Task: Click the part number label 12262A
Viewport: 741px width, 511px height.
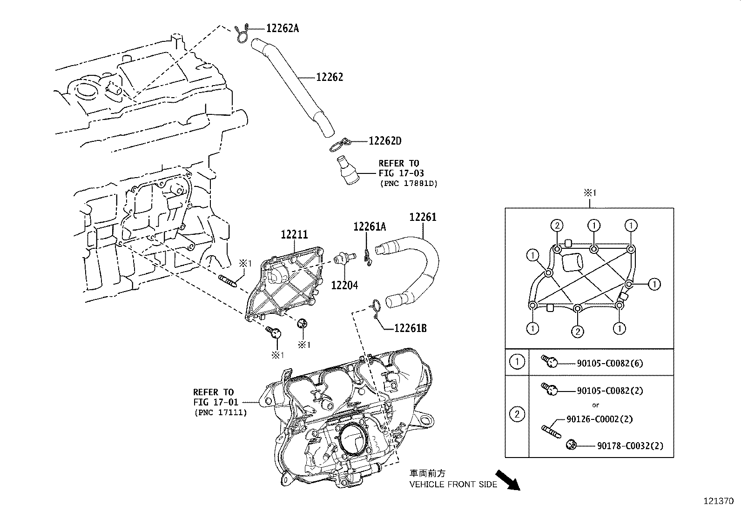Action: [282, 28]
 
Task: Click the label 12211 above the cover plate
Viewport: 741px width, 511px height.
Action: [294, 235]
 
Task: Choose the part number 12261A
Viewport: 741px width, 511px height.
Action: [370, 227]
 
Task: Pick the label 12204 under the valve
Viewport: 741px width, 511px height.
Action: [344, 285]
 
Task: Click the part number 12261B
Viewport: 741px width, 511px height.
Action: [410, 328]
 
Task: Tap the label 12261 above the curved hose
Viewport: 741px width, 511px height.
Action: [423, 217]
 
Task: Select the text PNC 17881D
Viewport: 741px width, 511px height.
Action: [409, 184]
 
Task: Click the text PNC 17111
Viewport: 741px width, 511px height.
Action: [220, 412]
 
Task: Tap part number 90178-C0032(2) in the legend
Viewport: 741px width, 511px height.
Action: [630, 445]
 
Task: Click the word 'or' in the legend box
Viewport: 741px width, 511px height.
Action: [595, 405]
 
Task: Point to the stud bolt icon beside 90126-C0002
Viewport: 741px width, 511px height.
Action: [550, 430]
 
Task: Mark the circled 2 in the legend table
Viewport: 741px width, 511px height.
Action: [517, 414]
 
